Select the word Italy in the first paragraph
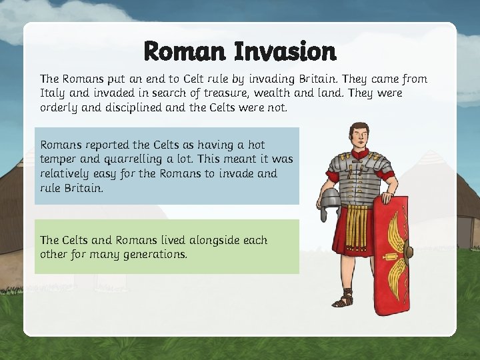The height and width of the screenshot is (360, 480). point(53,93)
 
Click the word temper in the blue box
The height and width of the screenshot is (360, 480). point(59,159)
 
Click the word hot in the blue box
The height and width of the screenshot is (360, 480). point(256,145)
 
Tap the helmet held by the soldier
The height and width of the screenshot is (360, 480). point(331,203)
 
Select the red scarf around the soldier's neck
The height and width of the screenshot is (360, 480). point(359,155)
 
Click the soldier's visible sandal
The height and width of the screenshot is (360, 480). point(343,301)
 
